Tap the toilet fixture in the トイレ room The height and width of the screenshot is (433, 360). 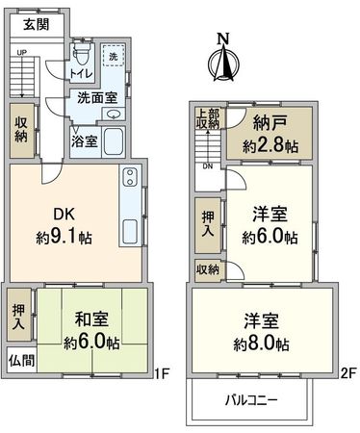click(81, 54)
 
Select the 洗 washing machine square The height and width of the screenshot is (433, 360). click(114, 57)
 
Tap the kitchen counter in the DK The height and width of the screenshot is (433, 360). click(129, 208)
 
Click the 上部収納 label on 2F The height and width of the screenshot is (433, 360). click(207, 119)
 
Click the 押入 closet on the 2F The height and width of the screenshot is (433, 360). click(208, 224)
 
